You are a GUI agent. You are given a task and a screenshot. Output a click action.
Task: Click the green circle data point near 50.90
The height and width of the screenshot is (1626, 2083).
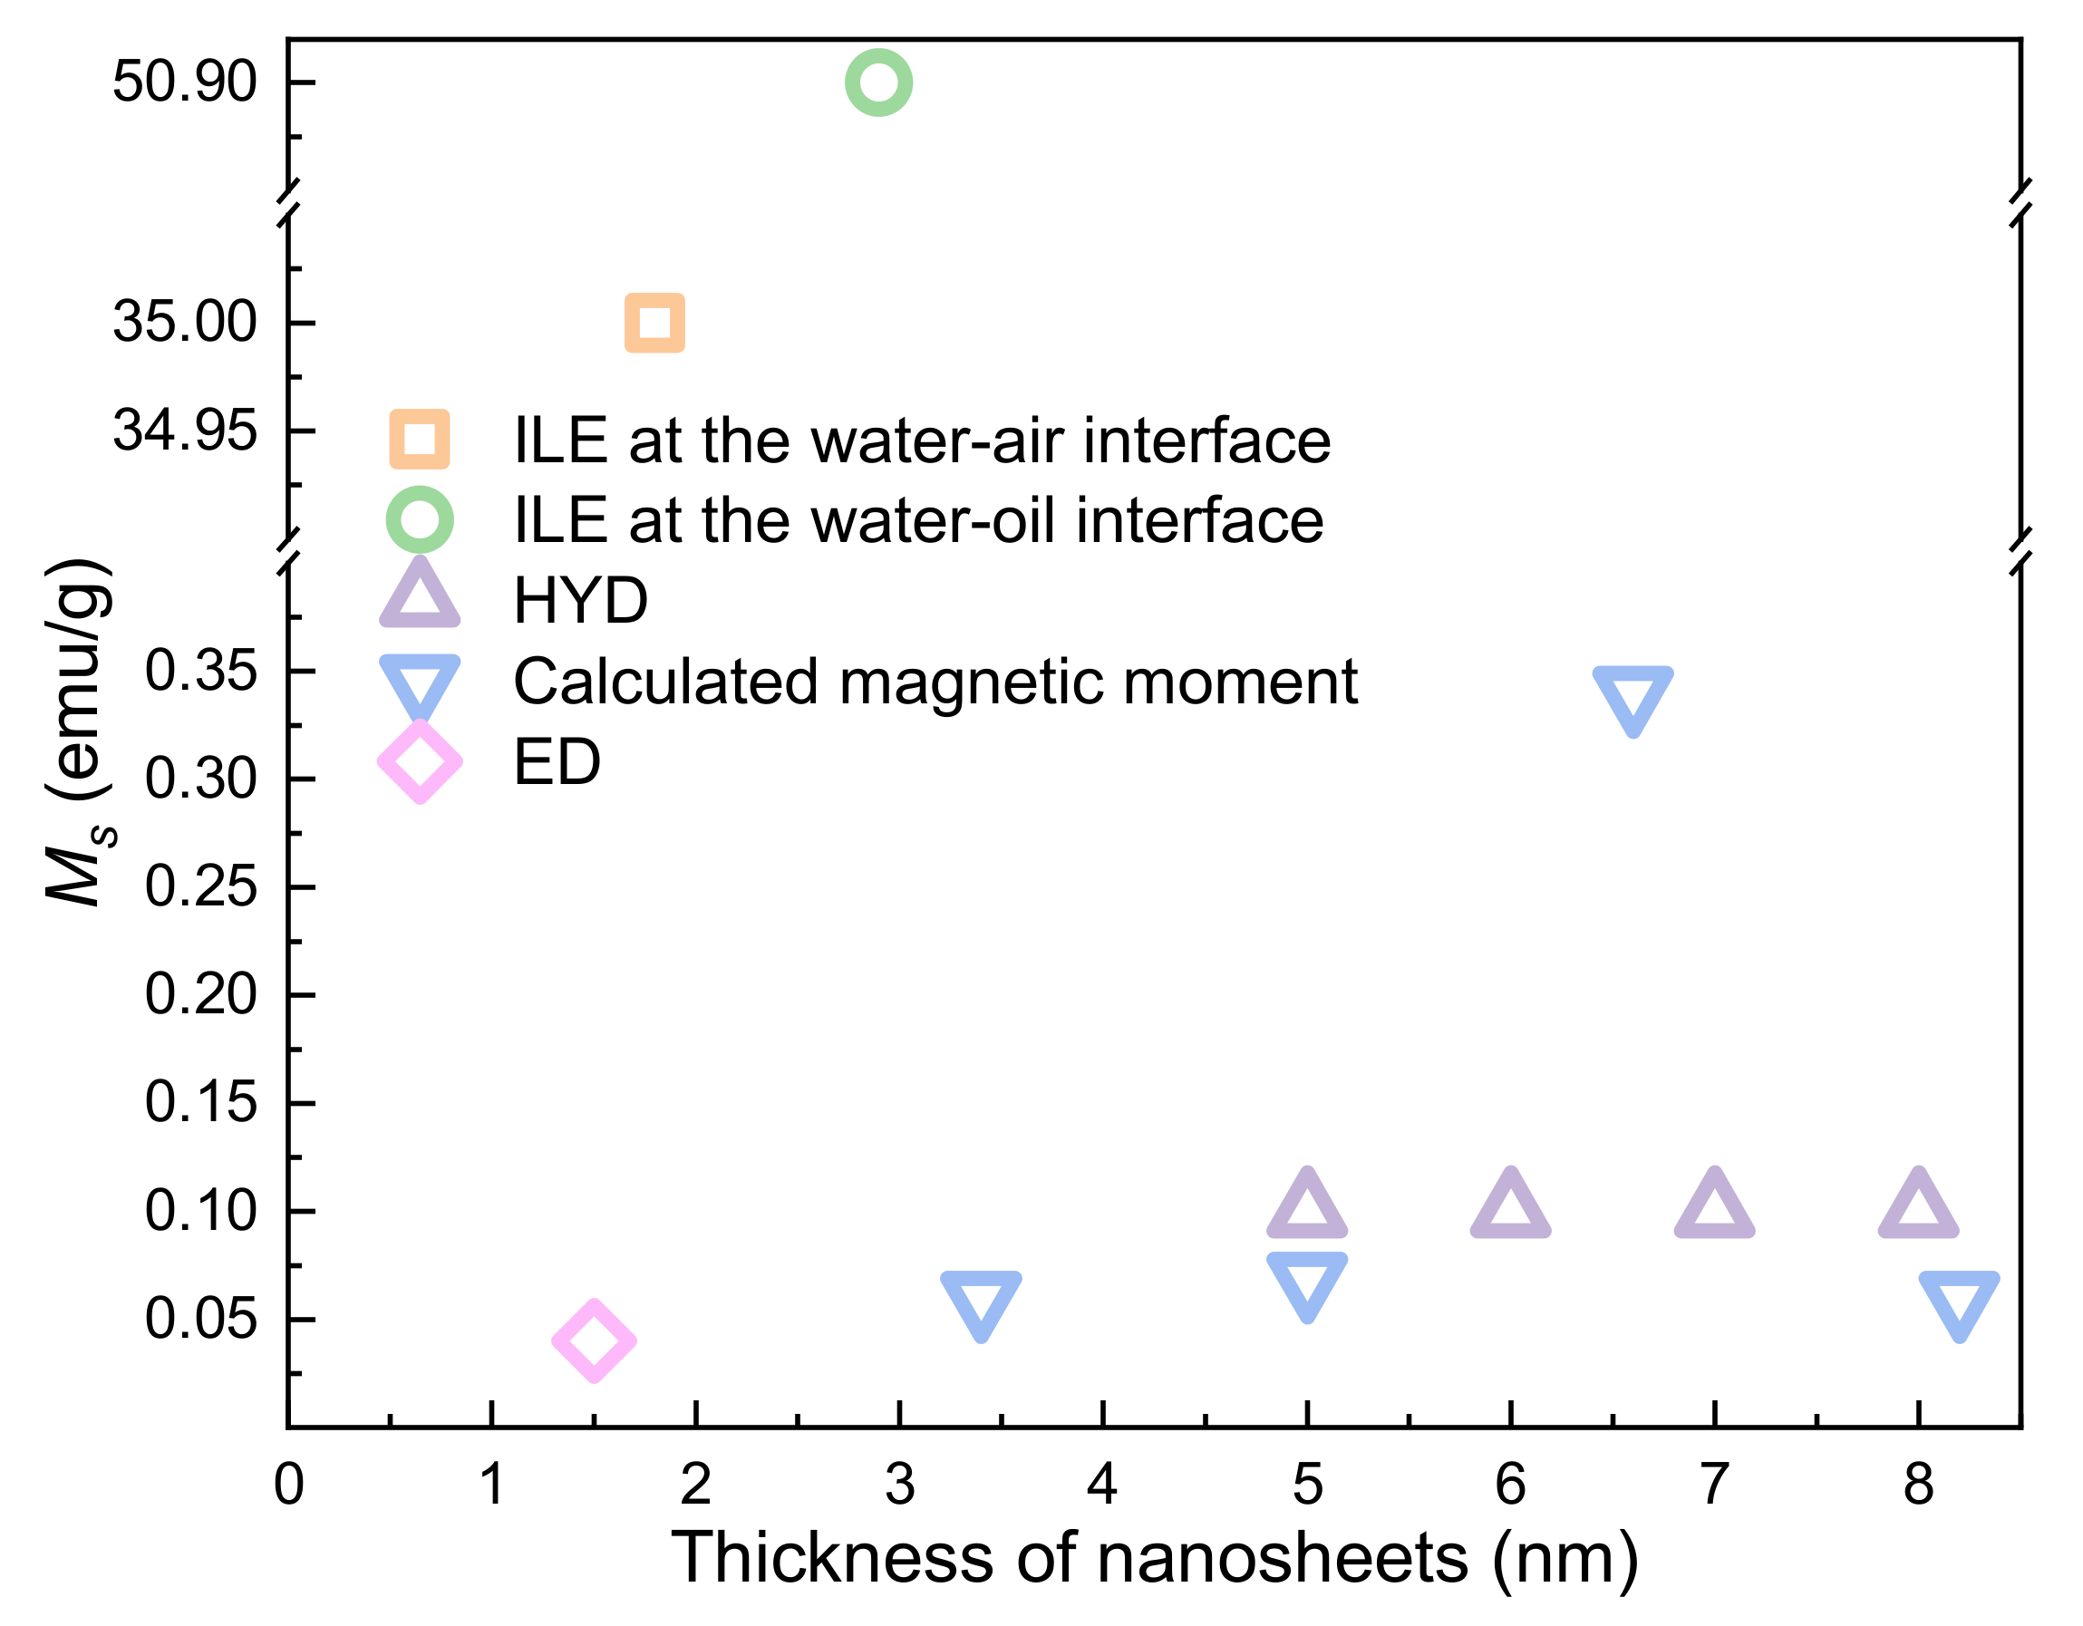878,83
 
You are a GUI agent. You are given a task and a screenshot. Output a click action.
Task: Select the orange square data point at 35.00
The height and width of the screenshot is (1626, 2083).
654,323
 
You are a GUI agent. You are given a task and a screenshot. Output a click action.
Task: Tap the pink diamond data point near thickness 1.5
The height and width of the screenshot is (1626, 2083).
593,1340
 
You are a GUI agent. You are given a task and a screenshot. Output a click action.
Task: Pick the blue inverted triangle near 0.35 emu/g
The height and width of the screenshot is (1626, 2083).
1632,697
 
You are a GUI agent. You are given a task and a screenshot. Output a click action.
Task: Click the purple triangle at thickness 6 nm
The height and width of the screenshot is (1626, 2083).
1511,1206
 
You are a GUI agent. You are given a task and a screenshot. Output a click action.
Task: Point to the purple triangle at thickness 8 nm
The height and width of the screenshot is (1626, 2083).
1918,1206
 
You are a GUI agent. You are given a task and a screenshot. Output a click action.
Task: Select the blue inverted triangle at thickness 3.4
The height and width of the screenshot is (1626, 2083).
982,1302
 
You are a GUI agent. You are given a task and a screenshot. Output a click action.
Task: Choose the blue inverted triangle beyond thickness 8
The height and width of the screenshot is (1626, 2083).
1959,1302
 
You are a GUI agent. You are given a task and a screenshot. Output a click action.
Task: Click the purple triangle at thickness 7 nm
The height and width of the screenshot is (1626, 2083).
1715,1206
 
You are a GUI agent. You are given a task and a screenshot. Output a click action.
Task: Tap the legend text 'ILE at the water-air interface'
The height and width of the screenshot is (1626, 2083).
921,440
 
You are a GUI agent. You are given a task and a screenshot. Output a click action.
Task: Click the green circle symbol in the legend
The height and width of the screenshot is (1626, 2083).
419,519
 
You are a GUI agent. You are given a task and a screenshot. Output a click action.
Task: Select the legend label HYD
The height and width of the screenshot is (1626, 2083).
580,601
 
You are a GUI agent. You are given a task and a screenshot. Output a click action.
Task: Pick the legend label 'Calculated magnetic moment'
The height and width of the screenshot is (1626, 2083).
935,681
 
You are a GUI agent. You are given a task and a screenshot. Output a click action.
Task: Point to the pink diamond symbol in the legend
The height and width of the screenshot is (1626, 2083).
420,762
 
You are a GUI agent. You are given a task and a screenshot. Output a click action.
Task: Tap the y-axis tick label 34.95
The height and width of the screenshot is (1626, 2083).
184,431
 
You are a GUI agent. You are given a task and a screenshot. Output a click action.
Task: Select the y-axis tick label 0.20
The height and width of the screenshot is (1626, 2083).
200,993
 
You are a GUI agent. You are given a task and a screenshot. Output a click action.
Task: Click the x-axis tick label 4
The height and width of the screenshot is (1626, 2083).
1102,1485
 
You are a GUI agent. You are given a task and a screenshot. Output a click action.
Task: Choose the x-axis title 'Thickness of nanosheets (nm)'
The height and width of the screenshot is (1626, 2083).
1154,1558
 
